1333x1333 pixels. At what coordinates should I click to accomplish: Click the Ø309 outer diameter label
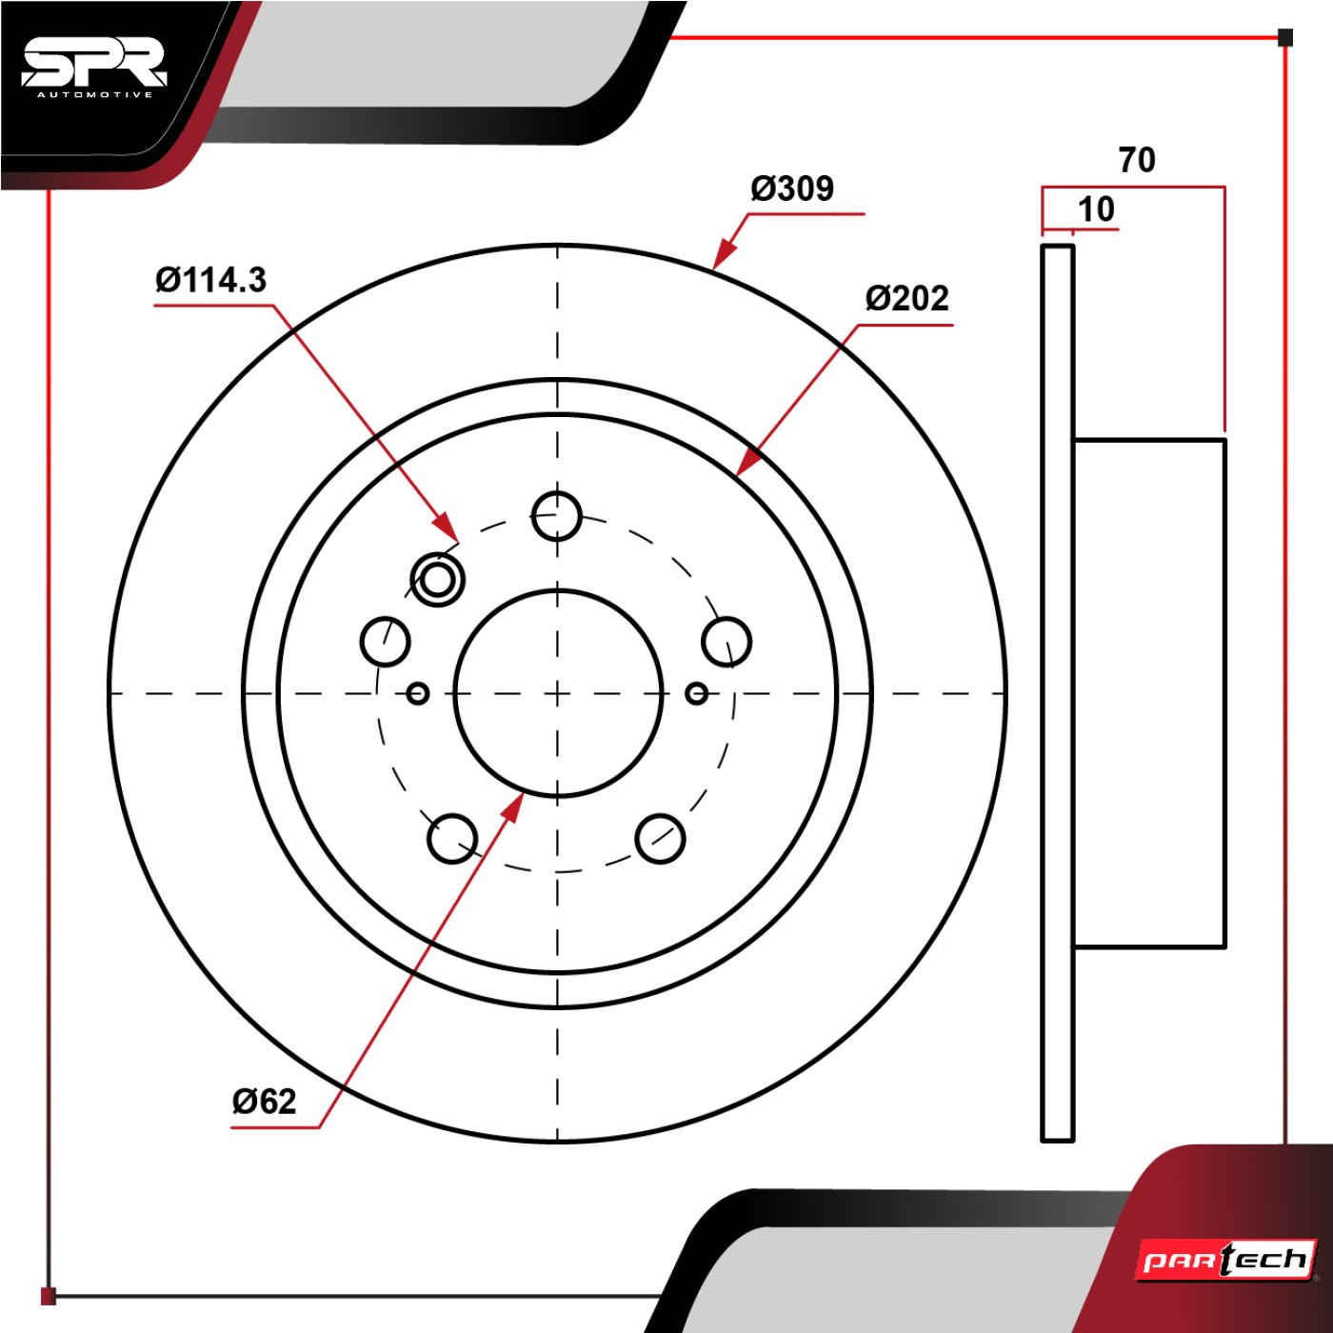coord(793,189)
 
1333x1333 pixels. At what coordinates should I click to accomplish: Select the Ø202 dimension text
coord(906,299)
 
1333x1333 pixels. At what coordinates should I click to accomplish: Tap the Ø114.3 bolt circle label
coord(211,281)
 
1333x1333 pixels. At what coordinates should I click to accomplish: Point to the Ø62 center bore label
coord(265,1101)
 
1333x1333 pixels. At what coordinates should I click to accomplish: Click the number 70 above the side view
coord(1137,160)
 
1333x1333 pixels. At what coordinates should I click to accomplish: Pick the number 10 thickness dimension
coord(1097,209)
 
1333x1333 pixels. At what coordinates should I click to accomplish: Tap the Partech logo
coord(1225,1260)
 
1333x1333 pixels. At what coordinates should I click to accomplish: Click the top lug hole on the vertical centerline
coord(557,515)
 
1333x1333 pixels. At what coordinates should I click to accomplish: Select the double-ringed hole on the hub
coord(437,579)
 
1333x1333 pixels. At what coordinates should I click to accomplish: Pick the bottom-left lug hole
coord(452,839)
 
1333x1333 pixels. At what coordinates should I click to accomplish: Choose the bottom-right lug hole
coord(660,839)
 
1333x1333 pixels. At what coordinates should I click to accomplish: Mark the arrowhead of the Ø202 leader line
coord(749,462)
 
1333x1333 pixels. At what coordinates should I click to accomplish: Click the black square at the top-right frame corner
coord(1285,37)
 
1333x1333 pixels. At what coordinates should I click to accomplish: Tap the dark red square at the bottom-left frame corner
coord(49,1296)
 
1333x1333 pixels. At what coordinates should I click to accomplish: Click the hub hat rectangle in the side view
coord(1149,693)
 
